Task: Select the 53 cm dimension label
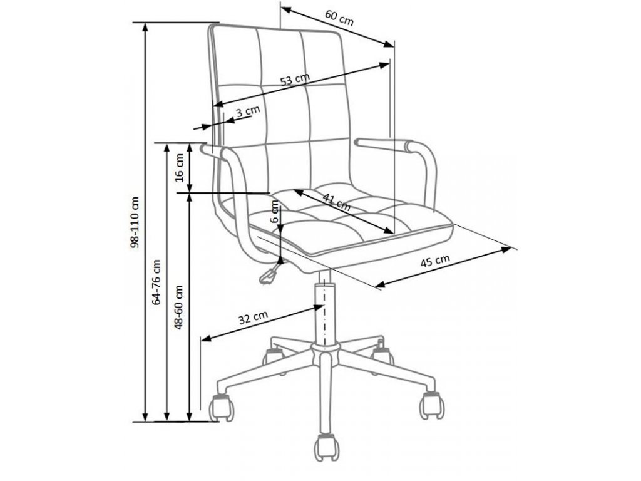pos(295,80)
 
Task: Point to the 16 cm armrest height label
pos(180,167)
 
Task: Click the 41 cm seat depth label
pos(336,200)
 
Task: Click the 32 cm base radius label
pos(254,318)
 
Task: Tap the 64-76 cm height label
pos(157,282)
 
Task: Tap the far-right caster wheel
pos(431,405)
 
